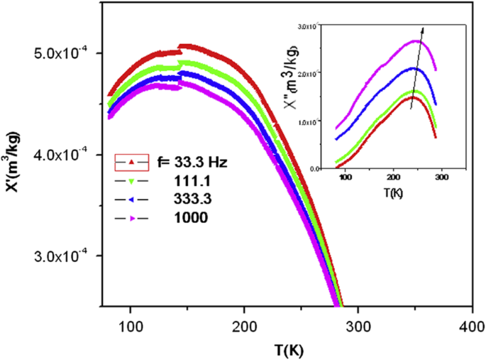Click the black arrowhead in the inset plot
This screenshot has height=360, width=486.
pyautogui.click(x=424, y=30)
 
